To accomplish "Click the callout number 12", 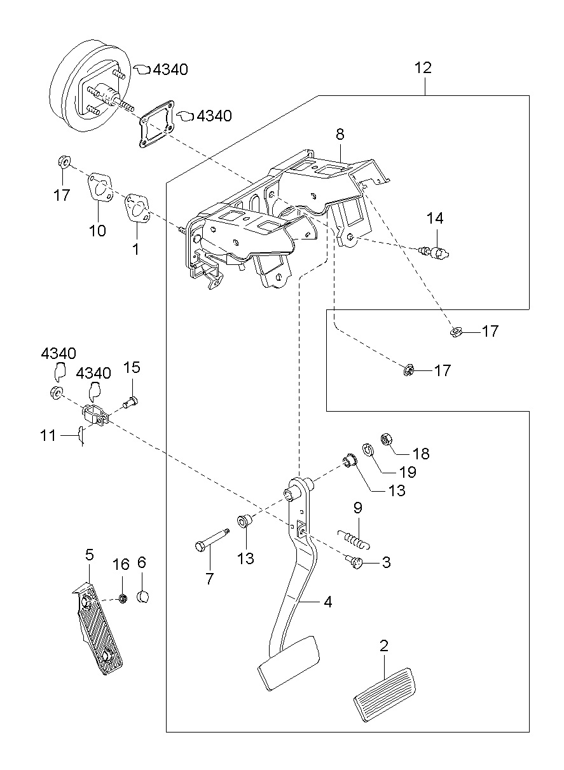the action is tap(423, 68).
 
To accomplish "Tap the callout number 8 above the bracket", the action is tap(340, 134).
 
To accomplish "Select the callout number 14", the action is tap(435, 218).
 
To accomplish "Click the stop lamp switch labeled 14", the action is tap(435, 253).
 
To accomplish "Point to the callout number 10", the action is tap(97, 231).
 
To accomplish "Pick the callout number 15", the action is tap(132, 367).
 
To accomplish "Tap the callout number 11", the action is tap(48, 436).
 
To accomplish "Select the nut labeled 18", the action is tap(387, 440).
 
